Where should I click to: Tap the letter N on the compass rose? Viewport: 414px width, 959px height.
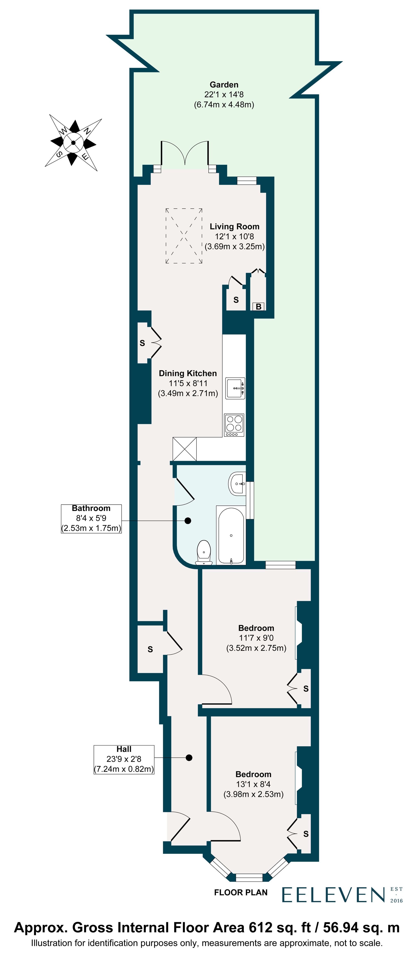[87, 131]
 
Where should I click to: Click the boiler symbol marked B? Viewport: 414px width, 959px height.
[259, 307]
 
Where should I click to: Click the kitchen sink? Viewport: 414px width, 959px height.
[235, 388]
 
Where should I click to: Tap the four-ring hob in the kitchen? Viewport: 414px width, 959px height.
[234, 425]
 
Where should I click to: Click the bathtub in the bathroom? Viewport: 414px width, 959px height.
[231, 535]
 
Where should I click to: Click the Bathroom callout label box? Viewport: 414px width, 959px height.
[91, 518]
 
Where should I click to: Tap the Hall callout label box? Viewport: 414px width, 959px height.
[124, 760]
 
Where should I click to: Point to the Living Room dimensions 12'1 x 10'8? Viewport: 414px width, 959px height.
[234, 236]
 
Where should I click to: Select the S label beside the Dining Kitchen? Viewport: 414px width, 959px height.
[142, 343]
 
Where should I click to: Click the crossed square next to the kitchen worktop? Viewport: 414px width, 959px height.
[184, 449]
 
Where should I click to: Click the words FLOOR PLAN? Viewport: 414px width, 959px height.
[241, 892]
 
